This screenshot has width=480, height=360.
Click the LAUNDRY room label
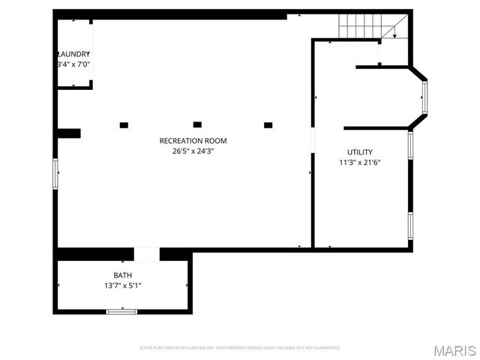(73, 54)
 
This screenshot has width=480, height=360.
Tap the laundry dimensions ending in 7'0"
(73, 65)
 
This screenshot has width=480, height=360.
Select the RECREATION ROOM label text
(193, 140)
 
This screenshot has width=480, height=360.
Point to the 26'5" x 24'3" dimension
(193, 151)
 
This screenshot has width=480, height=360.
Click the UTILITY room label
(359, 152)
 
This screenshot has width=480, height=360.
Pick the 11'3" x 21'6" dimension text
(359, 163)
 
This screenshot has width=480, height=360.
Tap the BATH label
(122, 275)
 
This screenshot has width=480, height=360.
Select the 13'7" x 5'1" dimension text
(122, 286)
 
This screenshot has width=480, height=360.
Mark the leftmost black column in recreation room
(124, 125)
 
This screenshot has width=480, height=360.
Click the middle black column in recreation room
(197, 124)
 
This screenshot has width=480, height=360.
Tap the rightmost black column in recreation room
(268, 125)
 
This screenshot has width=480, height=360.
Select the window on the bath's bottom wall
(121, 311)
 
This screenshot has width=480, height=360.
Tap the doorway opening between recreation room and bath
(147, 254)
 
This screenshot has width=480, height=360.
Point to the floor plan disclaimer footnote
(240, 348)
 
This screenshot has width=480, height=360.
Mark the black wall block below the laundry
(69, 133)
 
